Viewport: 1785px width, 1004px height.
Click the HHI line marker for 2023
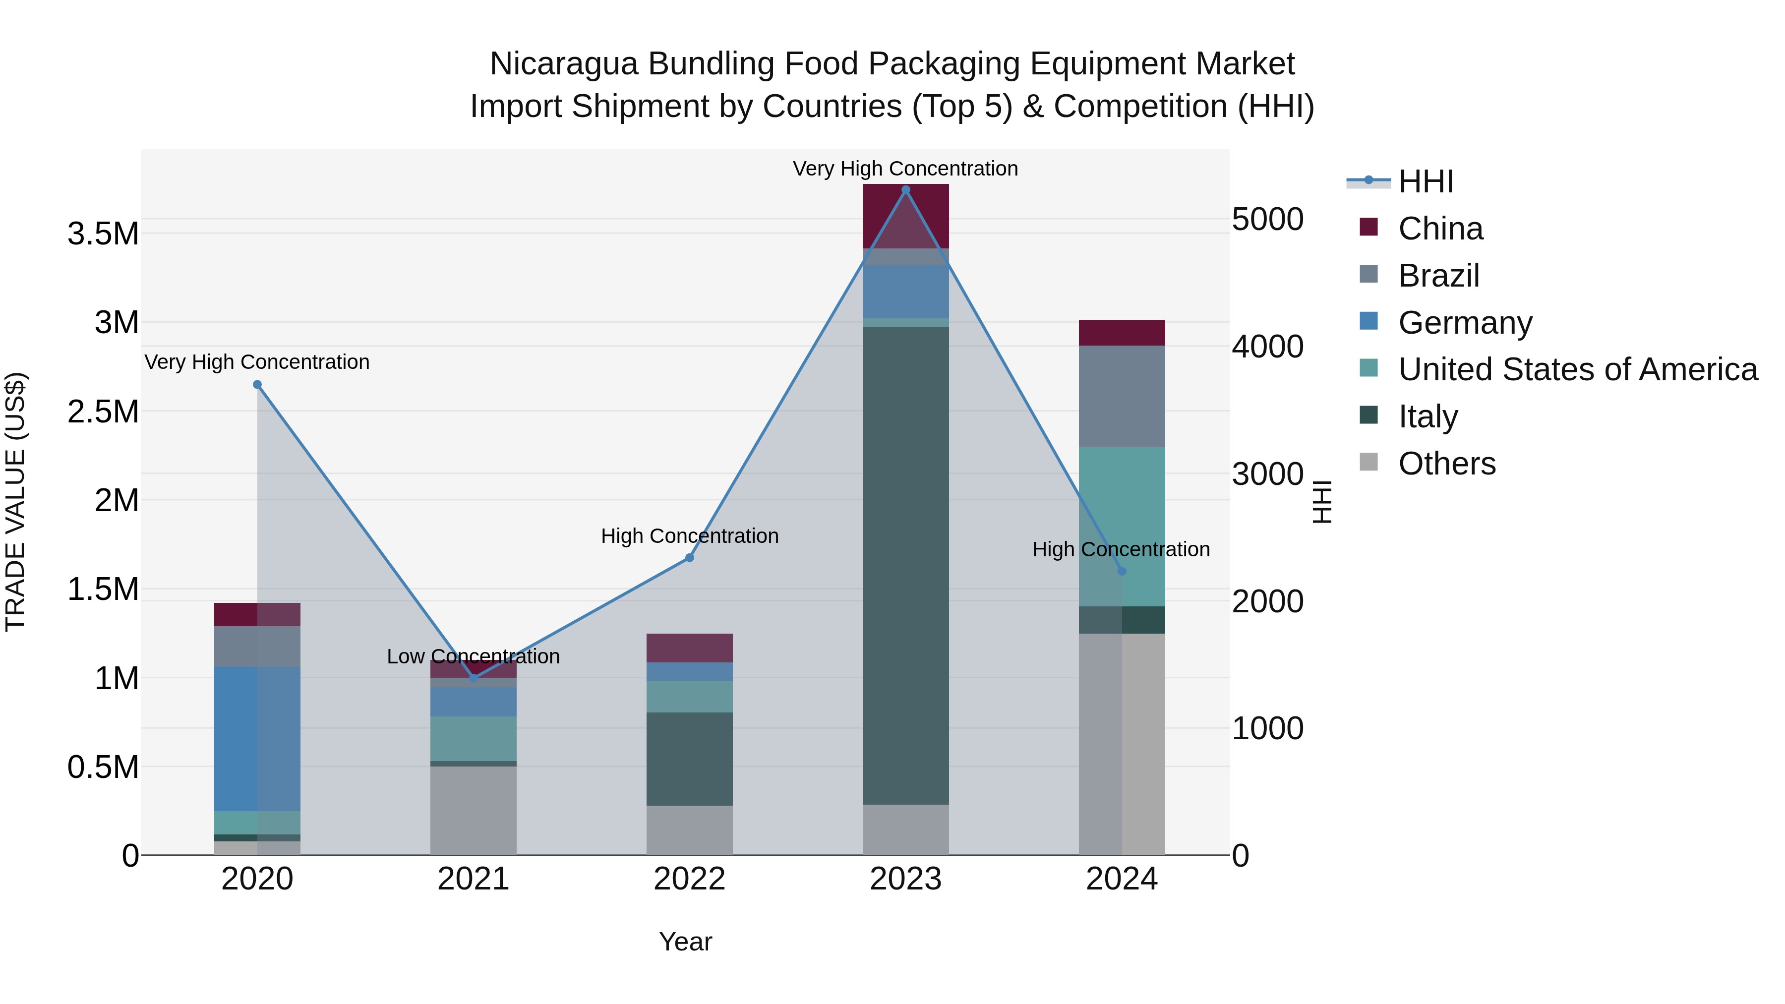click(905, 189)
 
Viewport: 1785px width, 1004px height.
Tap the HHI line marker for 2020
click(257, 385)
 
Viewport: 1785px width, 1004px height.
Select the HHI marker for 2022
click(690, 558)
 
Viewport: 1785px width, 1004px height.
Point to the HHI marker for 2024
click(1122, 571)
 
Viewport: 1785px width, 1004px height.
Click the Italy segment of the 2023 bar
click(905, 565)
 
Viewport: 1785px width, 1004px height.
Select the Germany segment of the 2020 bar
click(257, 739)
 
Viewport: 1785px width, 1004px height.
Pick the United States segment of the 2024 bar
click(1122, 527)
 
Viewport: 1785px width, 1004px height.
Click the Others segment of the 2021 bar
click(474, 810)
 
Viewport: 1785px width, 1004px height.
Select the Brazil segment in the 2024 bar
click(1122, 396)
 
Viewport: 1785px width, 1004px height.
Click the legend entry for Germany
click(1465, 323)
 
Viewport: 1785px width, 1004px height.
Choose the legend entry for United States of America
click(1577, 370)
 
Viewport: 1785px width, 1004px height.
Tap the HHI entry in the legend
click(1425, 181)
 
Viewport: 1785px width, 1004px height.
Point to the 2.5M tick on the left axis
click(103, 412)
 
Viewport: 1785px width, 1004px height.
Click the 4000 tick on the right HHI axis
click(1267, 347)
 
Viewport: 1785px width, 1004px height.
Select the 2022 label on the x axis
click(690, 879)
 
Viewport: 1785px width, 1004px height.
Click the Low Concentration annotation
click(474, 656)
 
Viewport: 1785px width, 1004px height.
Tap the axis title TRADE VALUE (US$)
click(15, 502)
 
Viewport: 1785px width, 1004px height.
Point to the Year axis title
click(685, 942)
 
